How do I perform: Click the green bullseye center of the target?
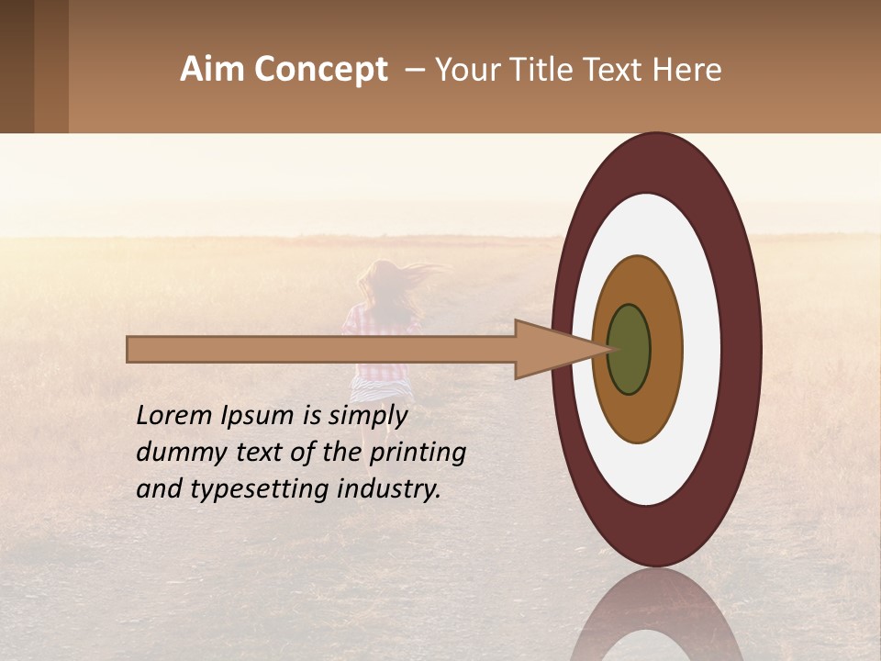[x=630, y=349]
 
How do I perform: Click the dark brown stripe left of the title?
[x=17, y=66]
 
